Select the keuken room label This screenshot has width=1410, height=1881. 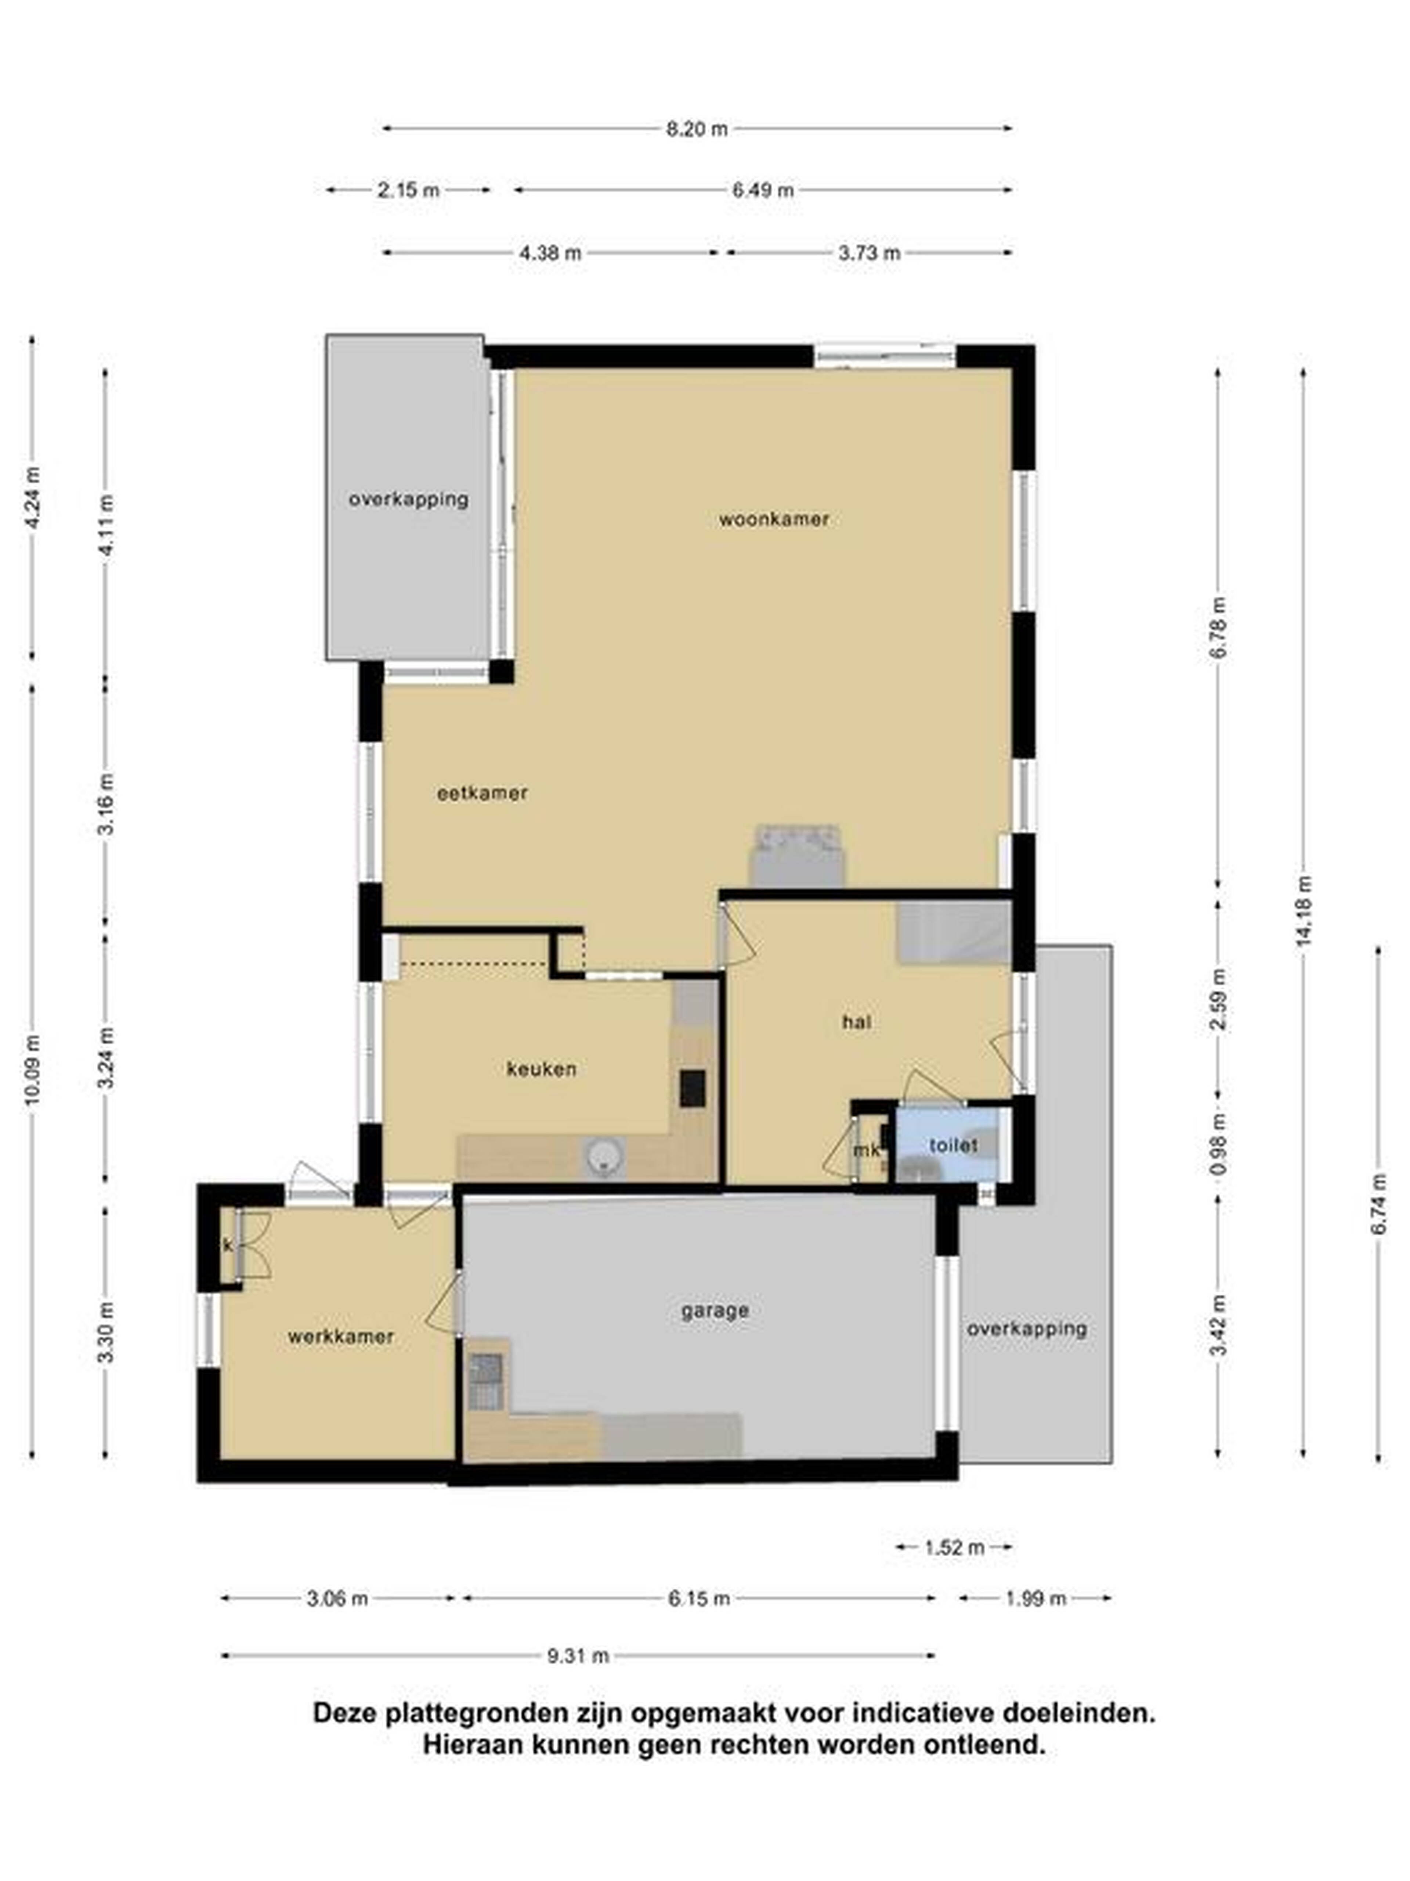point(541,1069)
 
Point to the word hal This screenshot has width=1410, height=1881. point(857,1022)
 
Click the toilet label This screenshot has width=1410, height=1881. point(953,1145)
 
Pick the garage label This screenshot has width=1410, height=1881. point(715,1310)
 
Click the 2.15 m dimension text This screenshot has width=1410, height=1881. point(409,190)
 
